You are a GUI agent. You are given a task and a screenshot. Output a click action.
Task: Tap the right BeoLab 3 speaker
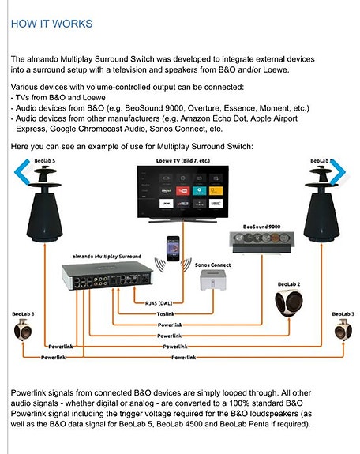342,330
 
